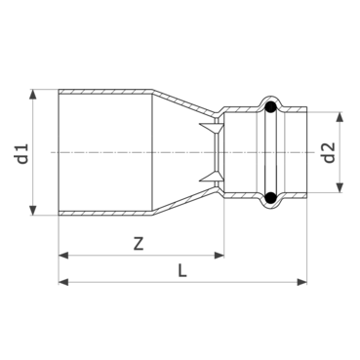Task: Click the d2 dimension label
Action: [329, 152]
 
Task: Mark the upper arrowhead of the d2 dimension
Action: [339, 114]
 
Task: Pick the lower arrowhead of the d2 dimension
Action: [339, 191]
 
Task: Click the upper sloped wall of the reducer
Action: [185, 103]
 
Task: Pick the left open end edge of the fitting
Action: [60, 152]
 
